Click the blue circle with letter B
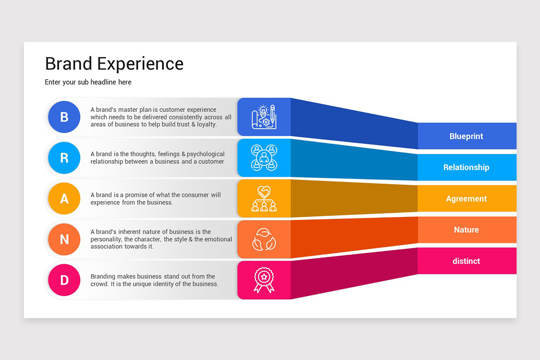pos(64,117)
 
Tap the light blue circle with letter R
pos(64,157)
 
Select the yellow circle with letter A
pos(64,198)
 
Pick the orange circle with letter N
pos(64,239)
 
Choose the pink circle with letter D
pos(64,280)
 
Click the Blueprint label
pos(466,136)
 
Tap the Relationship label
pos(466,167)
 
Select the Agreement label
pos(466,199)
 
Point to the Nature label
pos(466,230)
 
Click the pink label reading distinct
pos(466,261)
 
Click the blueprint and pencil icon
pos(264,117)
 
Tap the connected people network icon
pos(264,157)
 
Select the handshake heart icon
pos(264,198)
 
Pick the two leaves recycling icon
pos(264,239)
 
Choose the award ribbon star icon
pos(264,280)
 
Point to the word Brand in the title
pos(69,64)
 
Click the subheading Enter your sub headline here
pos(88,82)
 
